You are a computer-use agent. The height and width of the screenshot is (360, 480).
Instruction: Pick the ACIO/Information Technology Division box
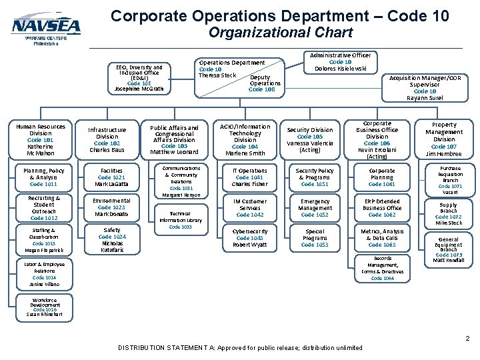[245, 139]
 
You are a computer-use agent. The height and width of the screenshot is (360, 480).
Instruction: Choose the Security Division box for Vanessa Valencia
[310, 140]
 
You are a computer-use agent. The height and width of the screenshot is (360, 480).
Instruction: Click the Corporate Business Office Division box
[377, 140]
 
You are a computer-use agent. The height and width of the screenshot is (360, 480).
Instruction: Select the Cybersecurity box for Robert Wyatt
[250, 238]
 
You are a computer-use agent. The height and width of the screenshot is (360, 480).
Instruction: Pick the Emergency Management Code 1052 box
[315, 208]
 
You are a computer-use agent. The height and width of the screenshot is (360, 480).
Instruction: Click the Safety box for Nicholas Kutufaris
[112, 239]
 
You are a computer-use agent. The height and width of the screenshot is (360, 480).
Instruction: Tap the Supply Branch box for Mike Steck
[448, 213]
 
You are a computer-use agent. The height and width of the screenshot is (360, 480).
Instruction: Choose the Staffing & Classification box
[44, 239]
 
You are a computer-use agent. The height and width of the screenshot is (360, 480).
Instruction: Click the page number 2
[467, 338]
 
